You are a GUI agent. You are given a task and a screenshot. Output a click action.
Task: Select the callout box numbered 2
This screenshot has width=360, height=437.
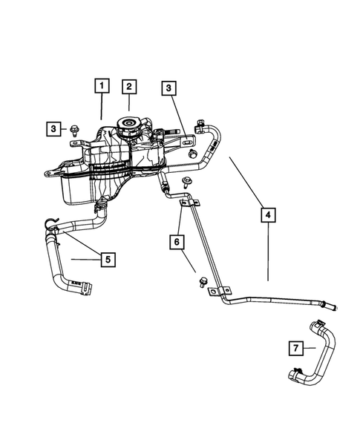(x=128, y=86)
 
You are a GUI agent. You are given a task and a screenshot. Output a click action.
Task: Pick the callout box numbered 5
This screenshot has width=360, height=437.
(x=108, y=259)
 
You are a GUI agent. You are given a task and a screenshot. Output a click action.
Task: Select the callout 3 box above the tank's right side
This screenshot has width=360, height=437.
(x=169, y=88)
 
